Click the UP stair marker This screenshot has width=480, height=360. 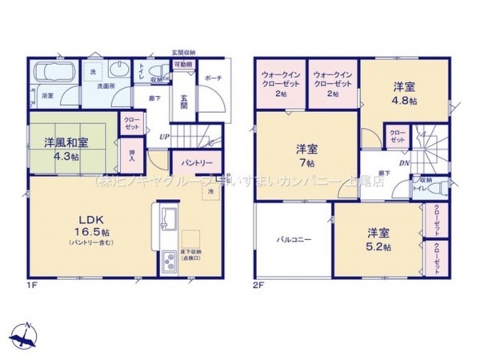click(x=164, y=137)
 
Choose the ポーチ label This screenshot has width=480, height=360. click(x=213, y=78)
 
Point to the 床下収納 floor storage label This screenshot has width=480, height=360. click(x=191, y=254)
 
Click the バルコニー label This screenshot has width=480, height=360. click(x=294, y=238)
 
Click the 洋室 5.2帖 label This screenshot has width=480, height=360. click(x=378, y=239)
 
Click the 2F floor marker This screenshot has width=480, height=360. click(x=258, y=284)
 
